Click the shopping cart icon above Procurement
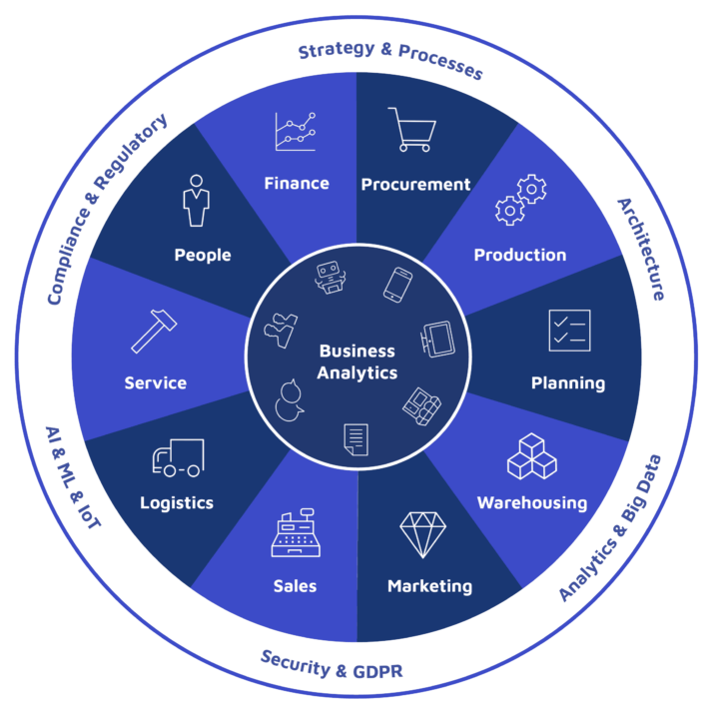pyautogui.click(x=411, y=130)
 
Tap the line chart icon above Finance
pyautogui.click(x=296, y=132)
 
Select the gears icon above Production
pyautogui.click(x=521, y=200)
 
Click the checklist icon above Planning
pyautogui.click(x=569, y=331)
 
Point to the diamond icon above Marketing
pyautogui.click(x=421, y=534)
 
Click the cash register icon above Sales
pyautogui.click(x=296, y=535)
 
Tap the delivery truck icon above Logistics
pyautogui.click(x=178, y=457)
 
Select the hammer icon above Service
pyautogui.click(x=155, y=330)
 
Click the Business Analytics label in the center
pyautogui.click(x=357, y=361)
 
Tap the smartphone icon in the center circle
pyautogui.click(x=397, y=284)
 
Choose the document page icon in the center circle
pyautogui.click(x=356, y=438)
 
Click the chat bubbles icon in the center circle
pyautogui.click(x=291, y=399)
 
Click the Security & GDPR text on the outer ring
pyautogui.click(x=332, y=663)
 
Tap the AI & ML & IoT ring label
pyautogui.click(x=72, y=476)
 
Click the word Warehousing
pyautogui.click(x=531, y=502)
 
